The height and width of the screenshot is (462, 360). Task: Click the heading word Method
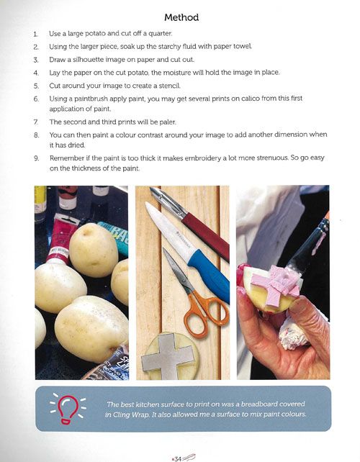(181, 17)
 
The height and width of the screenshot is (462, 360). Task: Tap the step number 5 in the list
(36, 86)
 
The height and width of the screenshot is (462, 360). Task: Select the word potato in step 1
(95, 33)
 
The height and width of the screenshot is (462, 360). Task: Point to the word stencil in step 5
(169, 86)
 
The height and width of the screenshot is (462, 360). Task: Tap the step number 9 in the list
(36, 158)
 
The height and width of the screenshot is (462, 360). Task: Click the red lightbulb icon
(68, 409)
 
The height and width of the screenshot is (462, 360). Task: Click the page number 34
(178, 458)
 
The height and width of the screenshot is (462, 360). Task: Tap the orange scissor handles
(207, 315)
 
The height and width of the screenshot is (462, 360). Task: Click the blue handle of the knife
(210, 275)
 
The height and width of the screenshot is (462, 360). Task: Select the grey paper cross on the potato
(167, 356)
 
